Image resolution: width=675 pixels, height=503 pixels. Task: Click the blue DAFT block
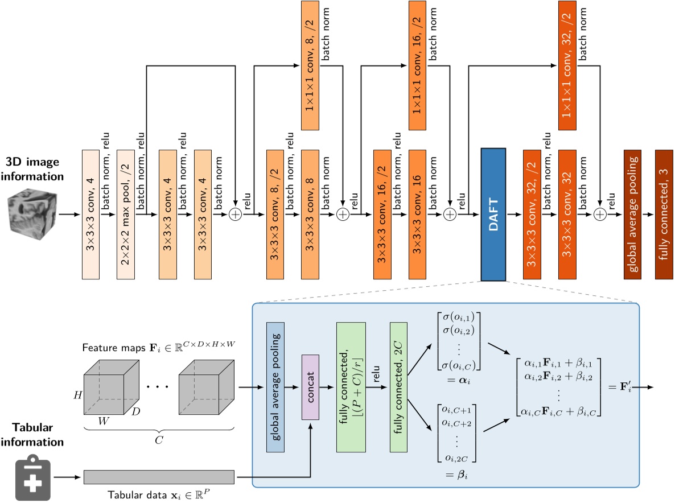point(493,214)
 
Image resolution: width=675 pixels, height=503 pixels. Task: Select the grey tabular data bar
point(159,477)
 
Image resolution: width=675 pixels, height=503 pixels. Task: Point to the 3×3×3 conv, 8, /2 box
point(276,215)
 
